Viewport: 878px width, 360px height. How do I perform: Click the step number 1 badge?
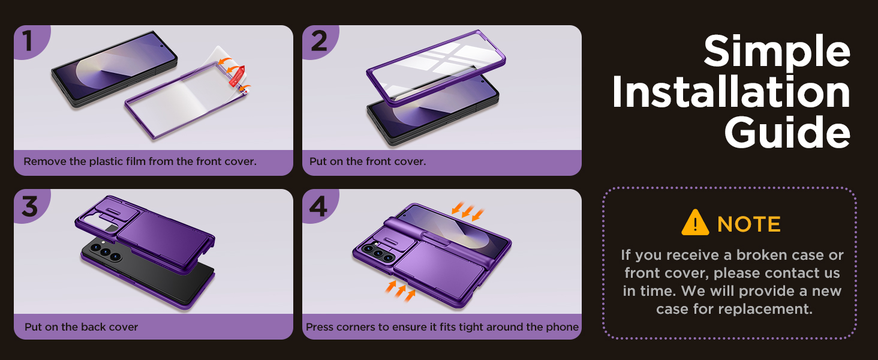tap(28, 41)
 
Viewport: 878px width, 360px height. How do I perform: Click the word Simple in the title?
tap(777, 52)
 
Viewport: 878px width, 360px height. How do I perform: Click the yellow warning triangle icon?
tap(695, 223)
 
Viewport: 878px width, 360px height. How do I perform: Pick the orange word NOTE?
tap(749, 224)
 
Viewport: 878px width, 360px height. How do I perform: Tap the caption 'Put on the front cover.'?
tap(368, 162)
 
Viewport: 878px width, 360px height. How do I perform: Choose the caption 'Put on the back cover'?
tap(81, 327)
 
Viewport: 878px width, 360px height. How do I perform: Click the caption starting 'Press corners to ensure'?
tap(442, 327)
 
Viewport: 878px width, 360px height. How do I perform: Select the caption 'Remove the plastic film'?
tap(140, 162)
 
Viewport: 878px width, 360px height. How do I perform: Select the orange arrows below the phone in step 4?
tap(398, 290)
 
